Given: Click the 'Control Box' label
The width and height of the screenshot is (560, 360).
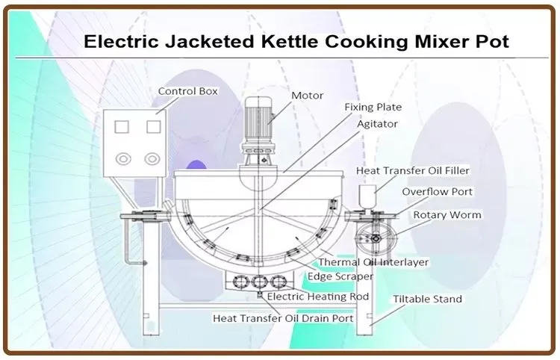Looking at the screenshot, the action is point(188,91).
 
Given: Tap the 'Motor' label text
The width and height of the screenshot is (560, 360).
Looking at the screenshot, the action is point(307,96).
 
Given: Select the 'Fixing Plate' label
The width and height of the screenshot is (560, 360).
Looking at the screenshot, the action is point(373,107).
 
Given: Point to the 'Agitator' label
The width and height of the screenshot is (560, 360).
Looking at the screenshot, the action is point(377,124).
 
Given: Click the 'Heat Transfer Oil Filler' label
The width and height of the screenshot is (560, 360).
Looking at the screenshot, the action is point(412,171).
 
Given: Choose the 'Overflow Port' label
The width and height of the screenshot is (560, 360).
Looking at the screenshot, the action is point(437,192).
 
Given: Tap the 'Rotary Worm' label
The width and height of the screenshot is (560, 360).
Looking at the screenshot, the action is point(447,215).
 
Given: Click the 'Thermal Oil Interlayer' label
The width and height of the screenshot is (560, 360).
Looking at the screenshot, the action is point(373,262).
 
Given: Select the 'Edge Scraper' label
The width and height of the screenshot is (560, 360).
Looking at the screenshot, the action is point(340,276).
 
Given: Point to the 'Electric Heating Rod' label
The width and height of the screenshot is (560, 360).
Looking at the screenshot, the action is point(318,297).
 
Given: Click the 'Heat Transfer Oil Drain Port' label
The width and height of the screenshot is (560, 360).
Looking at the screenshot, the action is point(283,318).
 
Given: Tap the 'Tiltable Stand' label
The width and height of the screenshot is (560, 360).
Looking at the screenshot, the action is point(428,299).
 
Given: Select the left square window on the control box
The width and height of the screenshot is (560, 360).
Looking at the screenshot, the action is point(122,127).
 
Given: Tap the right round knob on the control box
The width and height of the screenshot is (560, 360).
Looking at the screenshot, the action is point(152,159).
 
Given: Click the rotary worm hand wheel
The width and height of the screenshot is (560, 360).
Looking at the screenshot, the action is point(376,238).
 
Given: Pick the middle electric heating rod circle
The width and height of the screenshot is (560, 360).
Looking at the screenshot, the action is point(259,282).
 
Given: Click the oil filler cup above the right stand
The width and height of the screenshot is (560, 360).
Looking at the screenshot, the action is point(367,196).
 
